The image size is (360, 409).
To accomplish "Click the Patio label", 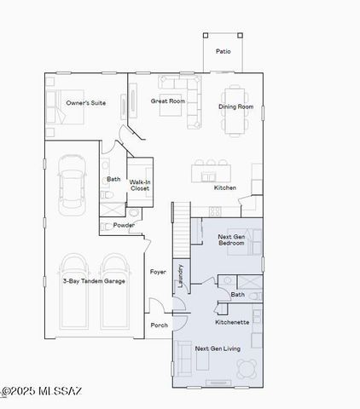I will click(223, 51).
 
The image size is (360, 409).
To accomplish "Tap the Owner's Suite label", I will click(86, 103).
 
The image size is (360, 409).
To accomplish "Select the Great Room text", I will click(168, 101).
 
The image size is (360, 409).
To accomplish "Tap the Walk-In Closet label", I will click(140, 185).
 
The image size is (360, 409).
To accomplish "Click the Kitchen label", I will click(225, 187).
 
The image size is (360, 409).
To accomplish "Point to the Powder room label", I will click(124, 225).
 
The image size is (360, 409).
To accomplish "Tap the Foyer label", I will click(158, 272).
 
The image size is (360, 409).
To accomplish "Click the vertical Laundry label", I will click(180, 278).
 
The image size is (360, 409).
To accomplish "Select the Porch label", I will click(159, 325).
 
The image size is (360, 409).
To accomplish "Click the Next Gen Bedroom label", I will click(231, 239).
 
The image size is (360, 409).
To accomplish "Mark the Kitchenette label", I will click(232, 322).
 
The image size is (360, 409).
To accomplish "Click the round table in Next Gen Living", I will click(247, 368).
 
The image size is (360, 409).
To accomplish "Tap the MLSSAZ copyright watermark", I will click(41, 391).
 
